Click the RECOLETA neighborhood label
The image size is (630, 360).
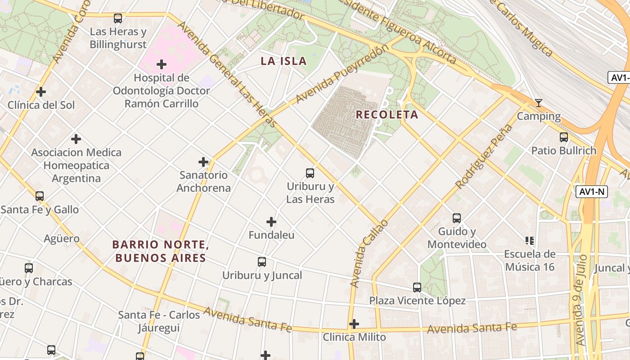(x=387, y=115)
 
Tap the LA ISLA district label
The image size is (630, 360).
(x=283, y=61)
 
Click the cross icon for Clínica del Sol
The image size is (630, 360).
(x=41, y=92)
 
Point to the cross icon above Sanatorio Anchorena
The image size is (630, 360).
(x=203, y=162)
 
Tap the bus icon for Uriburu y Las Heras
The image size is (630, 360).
(x=310, y=173)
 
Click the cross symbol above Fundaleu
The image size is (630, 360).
(x=271, y=222)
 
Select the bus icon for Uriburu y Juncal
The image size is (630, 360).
(x=262, y=262)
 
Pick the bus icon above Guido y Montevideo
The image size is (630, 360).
(x=457, y=218)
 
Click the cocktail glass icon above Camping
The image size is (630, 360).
(x=538, y=103)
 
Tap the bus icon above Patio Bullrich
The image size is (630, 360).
(x=563, y=137)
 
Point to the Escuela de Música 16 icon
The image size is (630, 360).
(x=530, y=241)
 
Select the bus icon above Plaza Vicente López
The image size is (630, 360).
(x=417, y=287)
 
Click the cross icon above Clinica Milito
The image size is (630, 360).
(x=354, y=324)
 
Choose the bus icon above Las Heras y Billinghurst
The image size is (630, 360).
(x=118, y=18)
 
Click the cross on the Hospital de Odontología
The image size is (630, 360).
(x=162, y=64)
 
